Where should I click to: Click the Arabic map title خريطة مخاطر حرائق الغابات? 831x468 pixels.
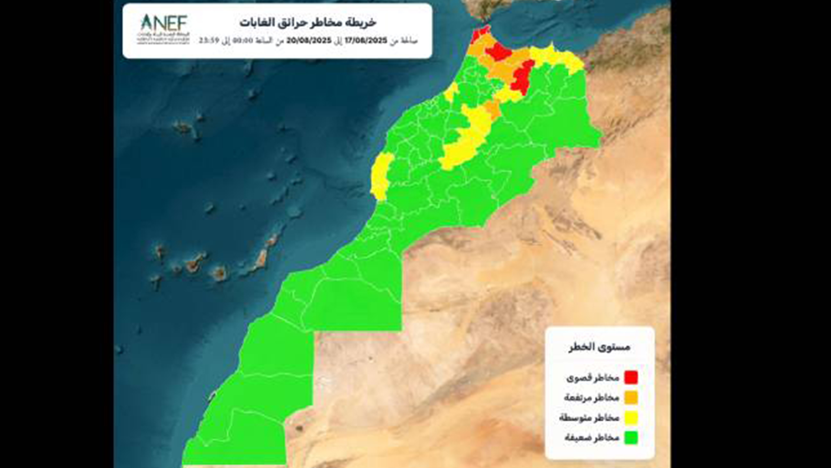[x=308, y=23]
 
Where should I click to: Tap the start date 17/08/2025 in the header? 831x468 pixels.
[x=366, y=41]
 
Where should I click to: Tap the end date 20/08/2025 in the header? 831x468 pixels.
[x=309, y=41]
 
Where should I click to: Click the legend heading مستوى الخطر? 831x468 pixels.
[x=599, y=347]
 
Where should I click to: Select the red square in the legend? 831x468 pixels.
[x=631, y=377]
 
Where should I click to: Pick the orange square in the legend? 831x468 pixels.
[x=631, y=397]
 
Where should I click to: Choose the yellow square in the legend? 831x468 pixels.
[x=631, y=418]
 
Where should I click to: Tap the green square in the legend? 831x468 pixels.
[x=631, y=438]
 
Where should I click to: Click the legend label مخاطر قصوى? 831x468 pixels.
[x=593, y=378]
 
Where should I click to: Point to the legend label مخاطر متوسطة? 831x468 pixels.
[x=589, y=418]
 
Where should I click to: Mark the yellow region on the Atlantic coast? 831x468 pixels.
[x=381, y=175]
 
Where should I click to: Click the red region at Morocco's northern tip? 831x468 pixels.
[x=477, y=34]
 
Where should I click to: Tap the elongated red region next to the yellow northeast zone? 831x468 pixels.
[x=522, y=77]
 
